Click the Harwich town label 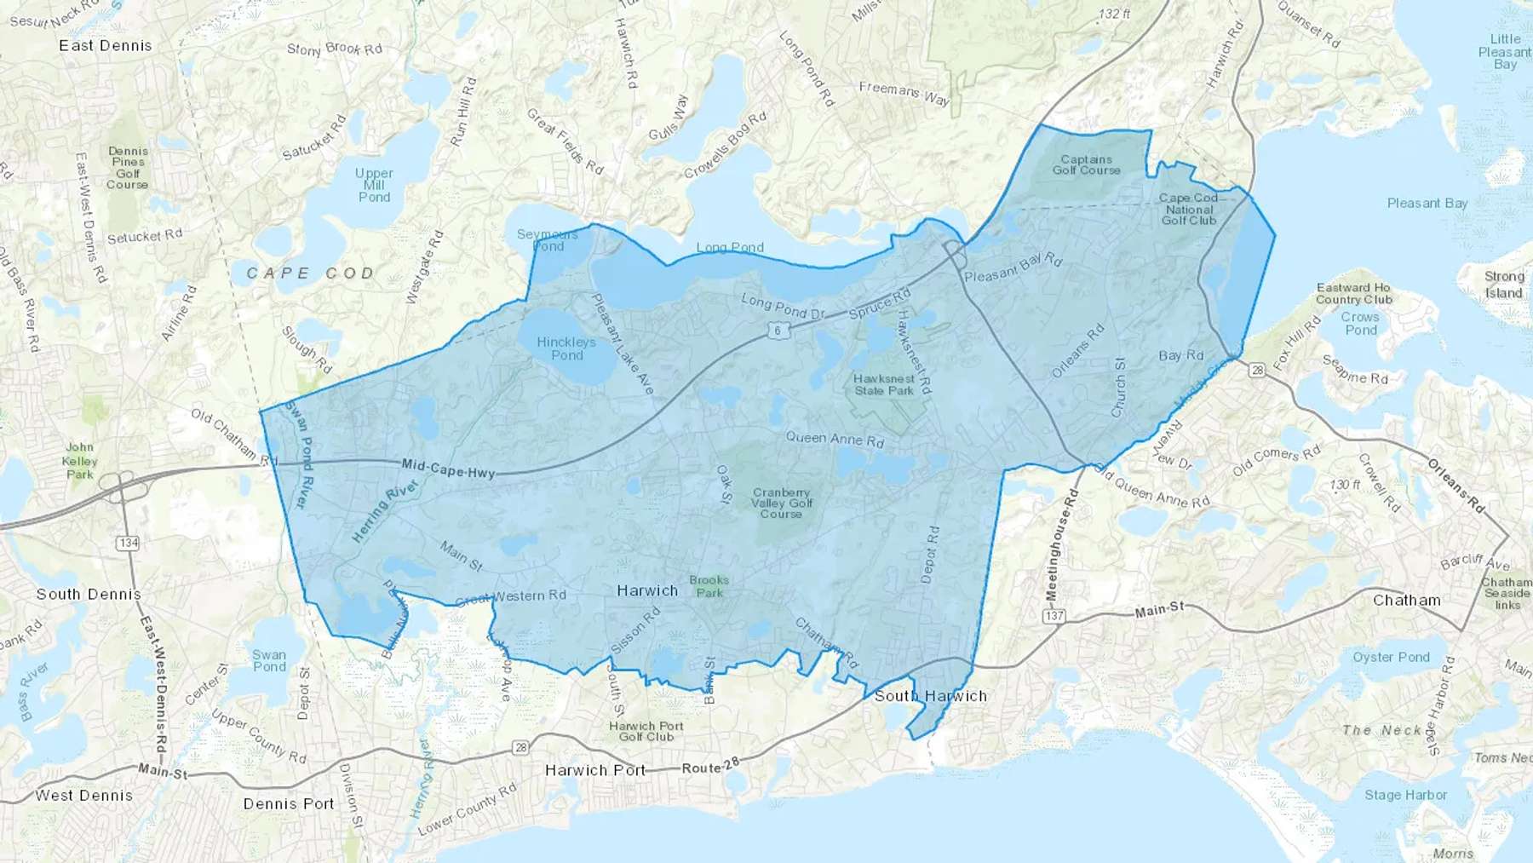[647, 590]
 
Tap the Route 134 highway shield [128, 543]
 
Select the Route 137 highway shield [1054, 616]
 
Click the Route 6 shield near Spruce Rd [777, 331]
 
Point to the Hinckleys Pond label [566, 348]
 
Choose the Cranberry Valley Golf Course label [781, 503]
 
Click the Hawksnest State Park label [884, 385]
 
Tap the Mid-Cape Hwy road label [448, 468]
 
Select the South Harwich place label [930, 696]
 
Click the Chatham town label [1406, 600]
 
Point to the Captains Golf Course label [1086, 164]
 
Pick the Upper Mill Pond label [374, 185]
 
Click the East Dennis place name [106, 46]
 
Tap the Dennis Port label [289, 803]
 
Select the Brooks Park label [709, 586]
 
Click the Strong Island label [1504, 285]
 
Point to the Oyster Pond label [1391, 657]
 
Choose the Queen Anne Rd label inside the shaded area [835, 440]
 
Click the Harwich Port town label [595, 770]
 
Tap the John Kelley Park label [80, 461]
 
